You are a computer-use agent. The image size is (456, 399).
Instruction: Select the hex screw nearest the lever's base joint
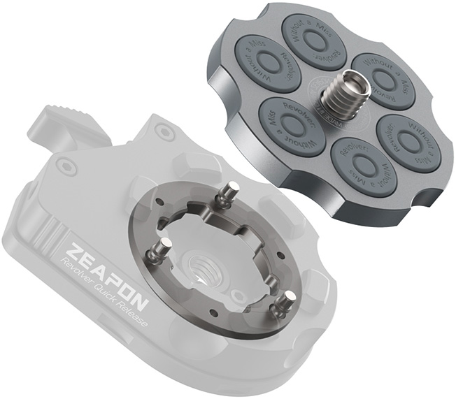[x=163, y=130]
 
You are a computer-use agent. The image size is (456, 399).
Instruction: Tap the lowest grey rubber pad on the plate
[x=362, y=166]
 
